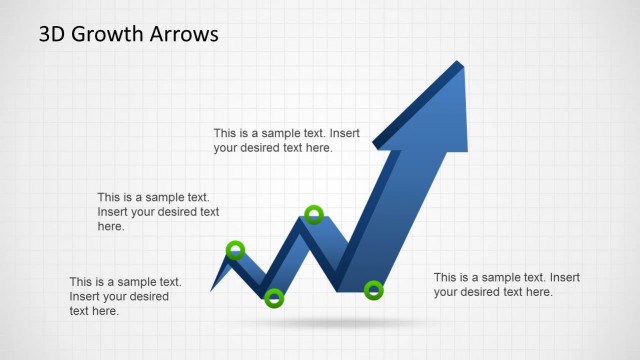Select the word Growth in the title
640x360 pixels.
coord(112,34)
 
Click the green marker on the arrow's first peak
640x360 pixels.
coord(235,250)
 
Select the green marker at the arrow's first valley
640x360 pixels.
coord(274,297)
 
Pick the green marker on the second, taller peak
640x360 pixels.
coord(313,214)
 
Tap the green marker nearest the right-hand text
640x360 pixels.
coord(373,291)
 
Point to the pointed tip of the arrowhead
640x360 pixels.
coord(462,63)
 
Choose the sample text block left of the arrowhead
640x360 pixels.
coord(286,140)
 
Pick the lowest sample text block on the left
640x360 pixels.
coord(125,296)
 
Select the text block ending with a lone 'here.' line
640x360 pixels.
coord(158,212)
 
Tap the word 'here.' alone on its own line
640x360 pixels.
coord(111,227)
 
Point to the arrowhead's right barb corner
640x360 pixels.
coord(467,151)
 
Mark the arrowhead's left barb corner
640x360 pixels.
coord(375,147)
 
